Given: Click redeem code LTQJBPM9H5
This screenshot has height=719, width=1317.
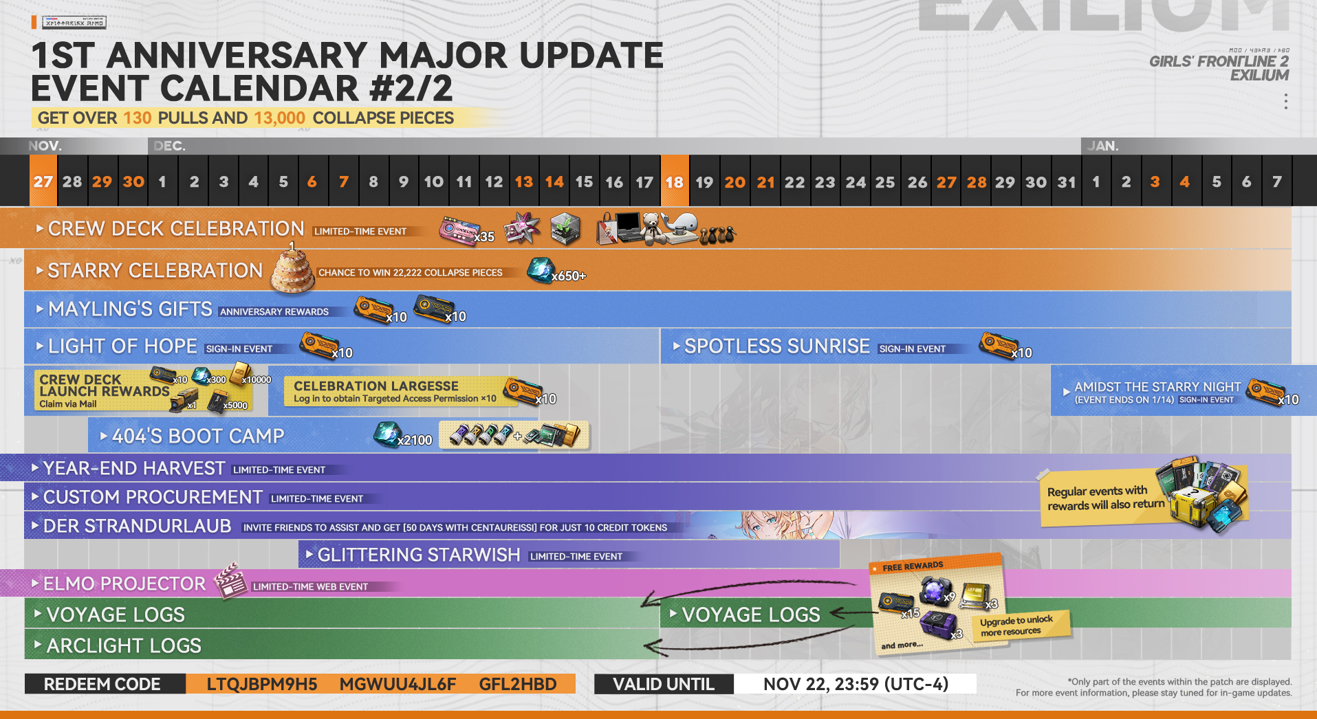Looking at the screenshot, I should [x=261, y=685].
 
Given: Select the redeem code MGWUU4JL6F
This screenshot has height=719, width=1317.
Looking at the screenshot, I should [x=398, y=685].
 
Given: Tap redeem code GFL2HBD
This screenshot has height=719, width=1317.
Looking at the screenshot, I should [x=518, y=685].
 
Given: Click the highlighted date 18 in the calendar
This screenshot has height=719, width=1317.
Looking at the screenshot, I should [x=675, y=182].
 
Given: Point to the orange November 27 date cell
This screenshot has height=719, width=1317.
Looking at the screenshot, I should [x=43, y=181].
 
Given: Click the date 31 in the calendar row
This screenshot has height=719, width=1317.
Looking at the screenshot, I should [x=1067, y=182].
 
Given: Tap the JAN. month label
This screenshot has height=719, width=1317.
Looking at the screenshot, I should [x=1103, y=146].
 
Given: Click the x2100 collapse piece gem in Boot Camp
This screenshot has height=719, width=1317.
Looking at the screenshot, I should [x=387, y=434].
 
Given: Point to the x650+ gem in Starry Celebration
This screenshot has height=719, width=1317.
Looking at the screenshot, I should [x=541, y=269].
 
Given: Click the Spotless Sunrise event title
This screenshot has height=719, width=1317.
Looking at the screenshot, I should [x=777, y=346].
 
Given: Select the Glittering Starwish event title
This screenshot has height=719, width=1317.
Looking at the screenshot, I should [x=418, y=555].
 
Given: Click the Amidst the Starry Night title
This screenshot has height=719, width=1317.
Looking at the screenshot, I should [x=1157, y=387].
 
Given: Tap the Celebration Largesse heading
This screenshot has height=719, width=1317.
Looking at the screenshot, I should [x=376, y=386].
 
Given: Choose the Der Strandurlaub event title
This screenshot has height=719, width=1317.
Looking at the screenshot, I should [x=137, y=527].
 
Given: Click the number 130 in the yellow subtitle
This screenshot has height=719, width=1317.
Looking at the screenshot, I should [x=138, y=118].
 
